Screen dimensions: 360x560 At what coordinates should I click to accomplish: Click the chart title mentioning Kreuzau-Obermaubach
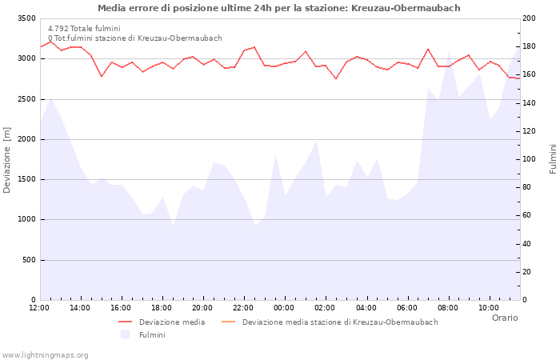279,8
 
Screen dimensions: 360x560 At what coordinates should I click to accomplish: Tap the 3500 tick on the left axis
26,18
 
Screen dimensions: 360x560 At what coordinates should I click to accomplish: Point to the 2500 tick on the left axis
26,99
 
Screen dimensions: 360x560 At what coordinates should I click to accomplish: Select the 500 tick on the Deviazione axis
28,260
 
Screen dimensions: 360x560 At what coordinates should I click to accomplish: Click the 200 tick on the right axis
530,18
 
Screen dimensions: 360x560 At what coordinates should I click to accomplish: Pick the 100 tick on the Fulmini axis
530,159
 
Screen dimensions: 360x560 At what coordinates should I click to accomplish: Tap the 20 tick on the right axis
528,272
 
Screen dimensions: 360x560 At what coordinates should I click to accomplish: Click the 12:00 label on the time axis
39,308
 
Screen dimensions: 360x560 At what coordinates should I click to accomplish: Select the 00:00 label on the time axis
285,308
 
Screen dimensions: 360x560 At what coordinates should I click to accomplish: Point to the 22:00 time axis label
244,308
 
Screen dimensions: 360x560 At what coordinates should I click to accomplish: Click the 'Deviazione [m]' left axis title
7,159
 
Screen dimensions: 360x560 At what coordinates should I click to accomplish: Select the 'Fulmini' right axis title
553,159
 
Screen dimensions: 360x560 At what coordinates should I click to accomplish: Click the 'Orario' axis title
505,318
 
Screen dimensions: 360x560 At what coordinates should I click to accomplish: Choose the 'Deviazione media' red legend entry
171,322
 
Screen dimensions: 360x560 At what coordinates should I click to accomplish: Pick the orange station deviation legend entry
340,322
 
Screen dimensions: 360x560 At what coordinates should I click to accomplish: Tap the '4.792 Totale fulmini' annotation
84,29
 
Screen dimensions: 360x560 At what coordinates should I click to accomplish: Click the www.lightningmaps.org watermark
46,355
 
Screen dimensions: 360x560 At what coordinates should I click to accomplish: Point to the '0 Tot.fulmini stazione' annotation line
134,38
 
